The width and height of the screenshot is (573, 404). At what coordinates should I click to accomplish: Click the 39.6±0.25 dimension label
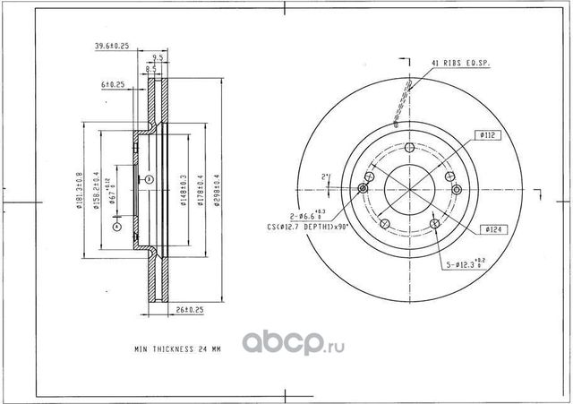click(x=114, y=46)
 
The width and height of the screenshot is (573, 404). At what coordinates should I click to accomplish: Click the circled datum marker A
click(x=117, y=228)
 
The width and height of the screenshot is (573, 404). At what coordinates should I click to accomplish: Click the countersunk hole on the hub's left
click(x=363, y=188)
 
